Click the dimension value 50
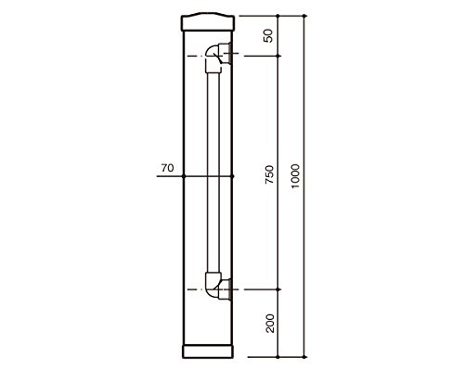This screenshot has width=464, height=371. (269, 35)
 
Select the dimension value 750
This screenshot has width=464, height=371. (270, 174)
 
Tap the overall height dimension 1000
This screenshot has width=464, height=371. (295, 176)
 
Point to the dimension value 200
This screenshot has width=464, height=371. (270, 323)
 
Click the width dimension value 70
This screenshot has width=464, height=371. (167, 168)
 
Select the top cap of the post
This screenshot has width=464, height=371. (208, 21)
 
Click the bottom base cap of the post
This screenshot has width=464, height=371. (208, 352)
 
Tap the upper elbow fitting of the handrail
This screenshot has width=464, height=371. (213, 58)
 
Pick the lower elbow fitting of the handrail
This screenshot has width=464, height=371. (213, 285)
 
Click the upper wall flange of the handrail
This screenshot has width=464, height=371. (226, 53)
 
